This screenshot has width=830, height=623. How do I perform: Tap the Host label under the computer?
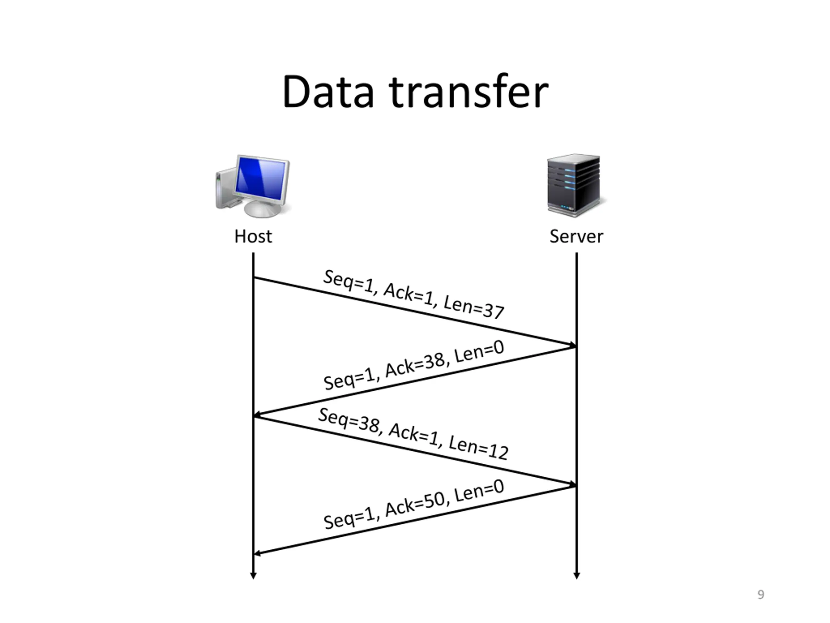pyautogui.click(x=253, y=237)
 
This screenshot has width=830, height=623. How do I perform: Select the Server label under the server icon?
pyautogui.click(x=576, y=237)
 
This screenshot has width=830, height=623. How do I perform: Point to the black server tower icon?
pyautogui.click(x=573, y=185)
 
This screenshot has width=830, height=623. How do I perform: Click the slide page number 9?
pyautogui.click(x=761, y=595)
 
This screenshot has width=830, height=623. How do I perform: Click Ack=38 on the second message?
pyautogui.click(x=415, y=365)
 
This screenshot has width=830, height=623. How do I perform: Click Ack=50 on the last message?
pyautogui.click(x=415, y=505)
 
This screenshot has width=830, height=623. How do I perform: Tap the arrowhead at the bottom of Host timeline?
pyautogui.click(x=253, y=576)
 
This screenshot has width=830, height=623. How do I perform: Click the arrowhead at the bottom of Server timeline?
pyautogui.click(x=577, y=576)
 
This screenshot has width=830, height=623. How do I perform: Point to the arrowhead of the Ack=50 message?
pyautogui.click(x=257, y=553)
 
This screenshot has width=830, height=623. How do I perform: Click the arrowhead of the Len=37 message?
pyautogui.click(x=572, y=345)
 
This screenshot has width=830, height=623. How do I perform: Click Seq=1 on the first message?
pyautogui.click(x=349, y=282)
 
